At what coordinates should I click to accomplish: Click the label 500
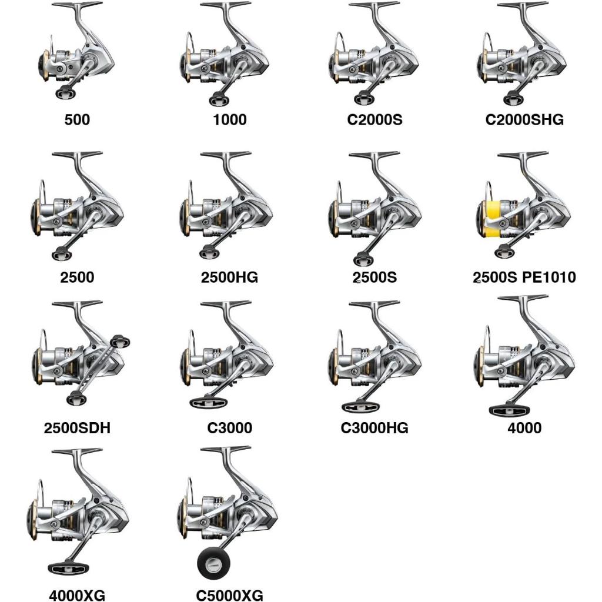pos(77,119)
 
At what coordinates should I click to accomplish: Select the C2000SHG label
pos(524,119)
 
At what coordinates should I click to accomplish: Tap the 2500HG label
pos(230,277)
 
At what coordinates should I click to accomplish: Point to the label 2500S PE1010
pos(524,277)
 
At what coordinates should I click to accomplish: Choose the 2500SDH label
pos(77,428)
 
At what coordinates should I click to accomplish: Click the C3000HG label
pos(374,428)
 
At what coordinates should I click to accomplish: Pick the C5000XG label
pos(230,595)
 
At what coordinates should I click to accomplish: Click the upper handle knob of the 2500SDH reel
pos(120,341)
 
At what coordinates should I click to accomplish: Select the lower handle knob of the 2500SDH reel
pos(76,399)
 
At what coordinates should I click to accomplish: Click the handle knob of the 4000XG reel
pos(69,569)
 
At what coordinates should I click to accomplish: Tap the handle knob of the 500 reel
pos(66,92)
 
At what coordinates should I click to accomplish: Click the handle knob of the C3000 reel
pos(209,403)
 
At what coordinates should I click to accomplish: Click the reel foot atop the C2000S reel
pos(374,5)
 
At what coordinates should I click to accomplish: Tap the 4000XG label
pos(77,595)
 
